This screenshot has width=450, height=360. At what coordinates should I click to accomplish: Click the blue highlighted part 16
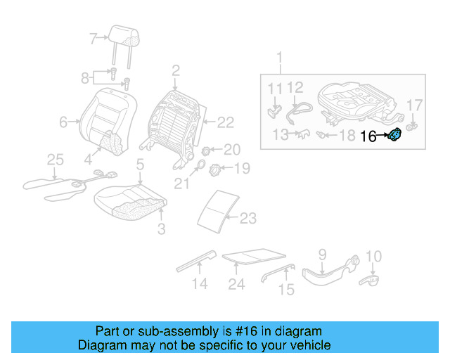pos(396,134)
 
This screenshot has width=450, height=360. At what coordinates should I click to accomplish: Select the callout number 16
pos(368,136)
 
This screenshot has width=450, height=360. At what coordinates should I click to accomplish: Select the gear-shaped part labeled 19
pos(217,169)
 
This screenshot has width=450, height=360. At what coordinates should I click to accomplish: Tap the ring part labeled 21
pos(198,167)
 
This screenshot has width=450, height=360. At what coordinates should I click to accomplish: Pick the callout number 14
pos(200,284)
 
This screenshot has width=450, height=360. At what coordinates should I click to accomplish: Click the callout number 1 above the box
pos(279,57)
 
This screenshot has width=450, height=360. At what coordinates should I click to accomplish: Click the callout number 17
pos(415,105)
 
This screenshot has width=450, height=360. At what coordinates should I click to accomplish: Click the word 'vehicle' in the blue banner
pos(311,345)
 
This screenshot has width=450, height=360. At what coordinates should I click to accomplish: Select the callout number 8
pos(86,77)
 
